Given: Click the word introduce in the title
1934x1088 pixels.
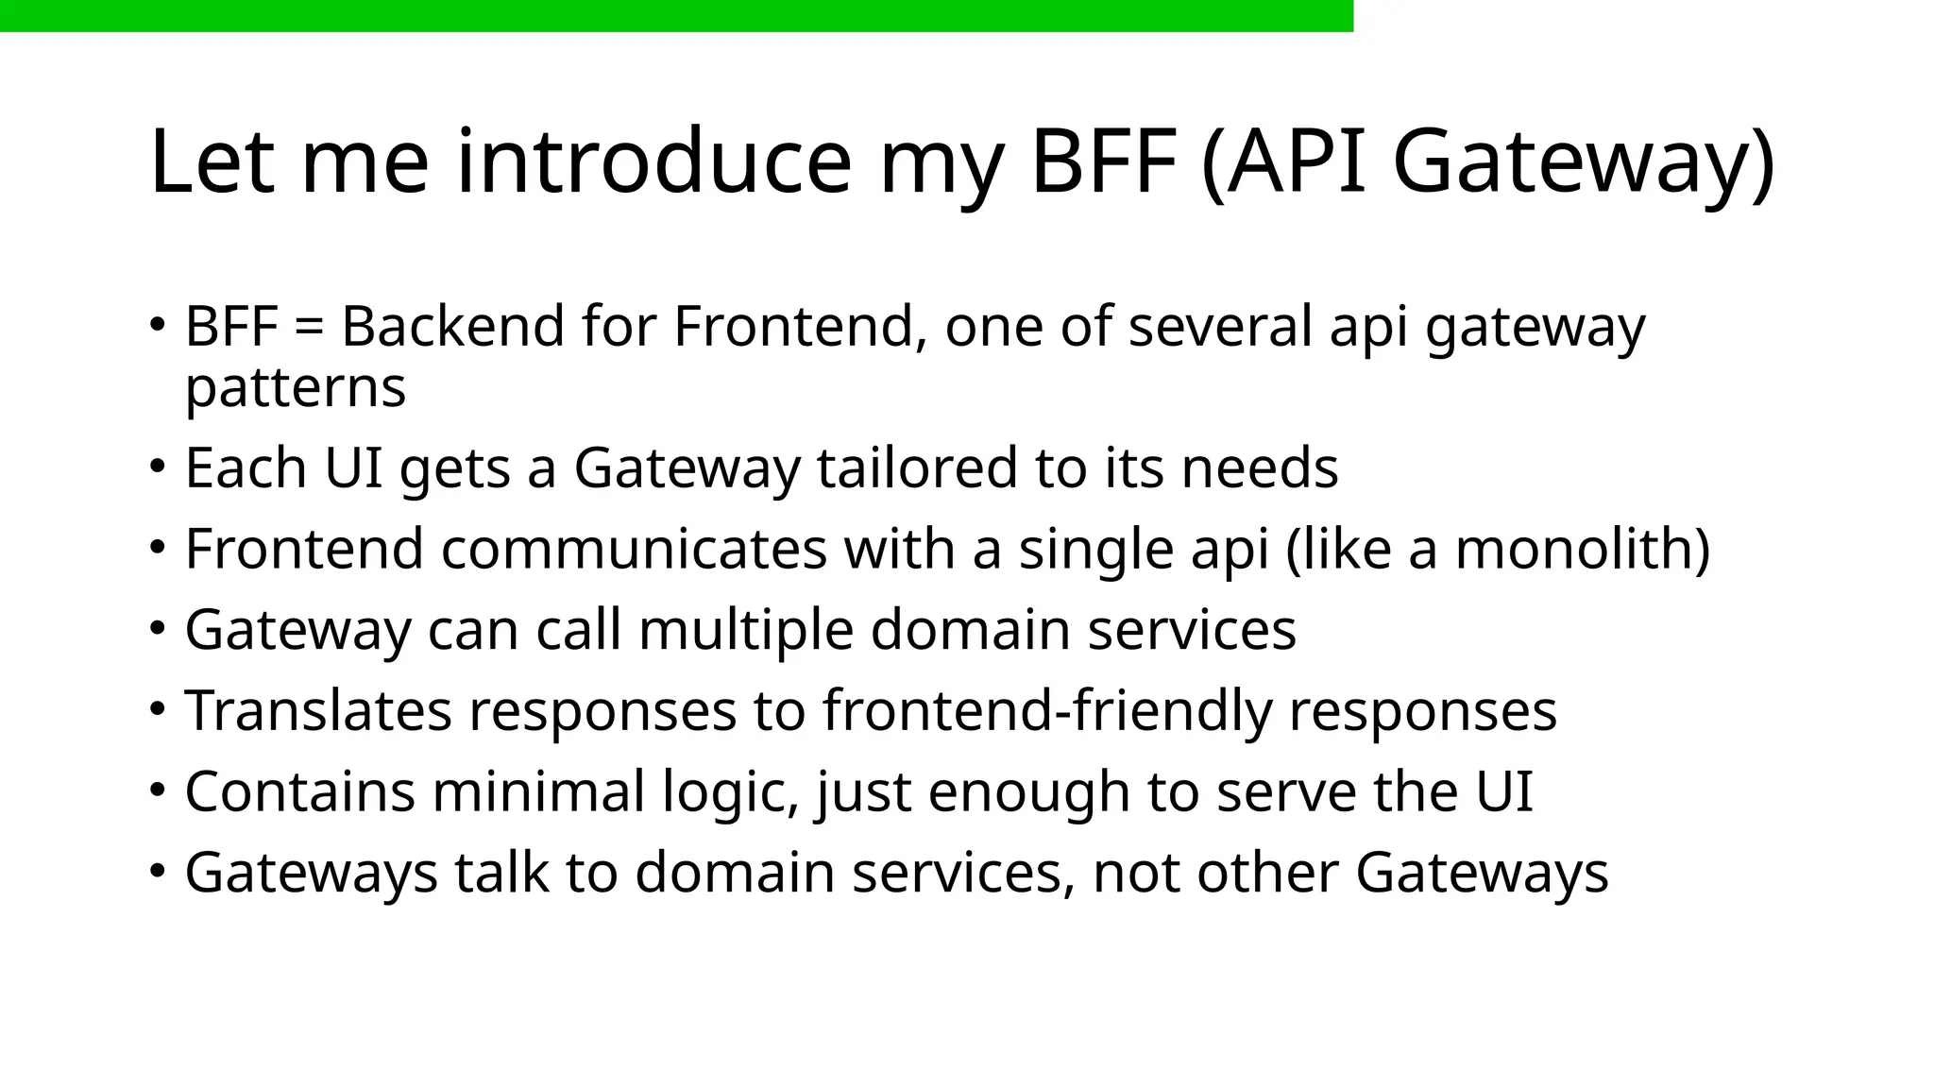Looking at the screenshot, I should (653, 162).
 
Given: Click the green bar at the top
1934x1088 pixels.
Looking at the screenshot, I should (676, 15).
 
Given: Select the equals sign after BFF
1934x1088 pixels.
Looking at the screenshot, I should (309, 328).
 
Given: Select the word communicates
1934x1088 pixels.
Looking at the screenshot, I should (634, 550).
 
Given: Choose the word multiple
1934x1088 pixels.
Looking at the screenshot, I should (745, 630).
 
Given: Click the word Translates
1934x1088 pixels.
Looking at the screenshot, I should (318, 711).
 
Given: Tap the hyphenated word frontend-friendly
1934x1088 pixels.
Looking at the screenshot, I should (1047, 711).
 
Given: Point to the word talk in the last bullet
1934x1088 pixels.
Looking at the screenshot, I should (501, 873).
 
